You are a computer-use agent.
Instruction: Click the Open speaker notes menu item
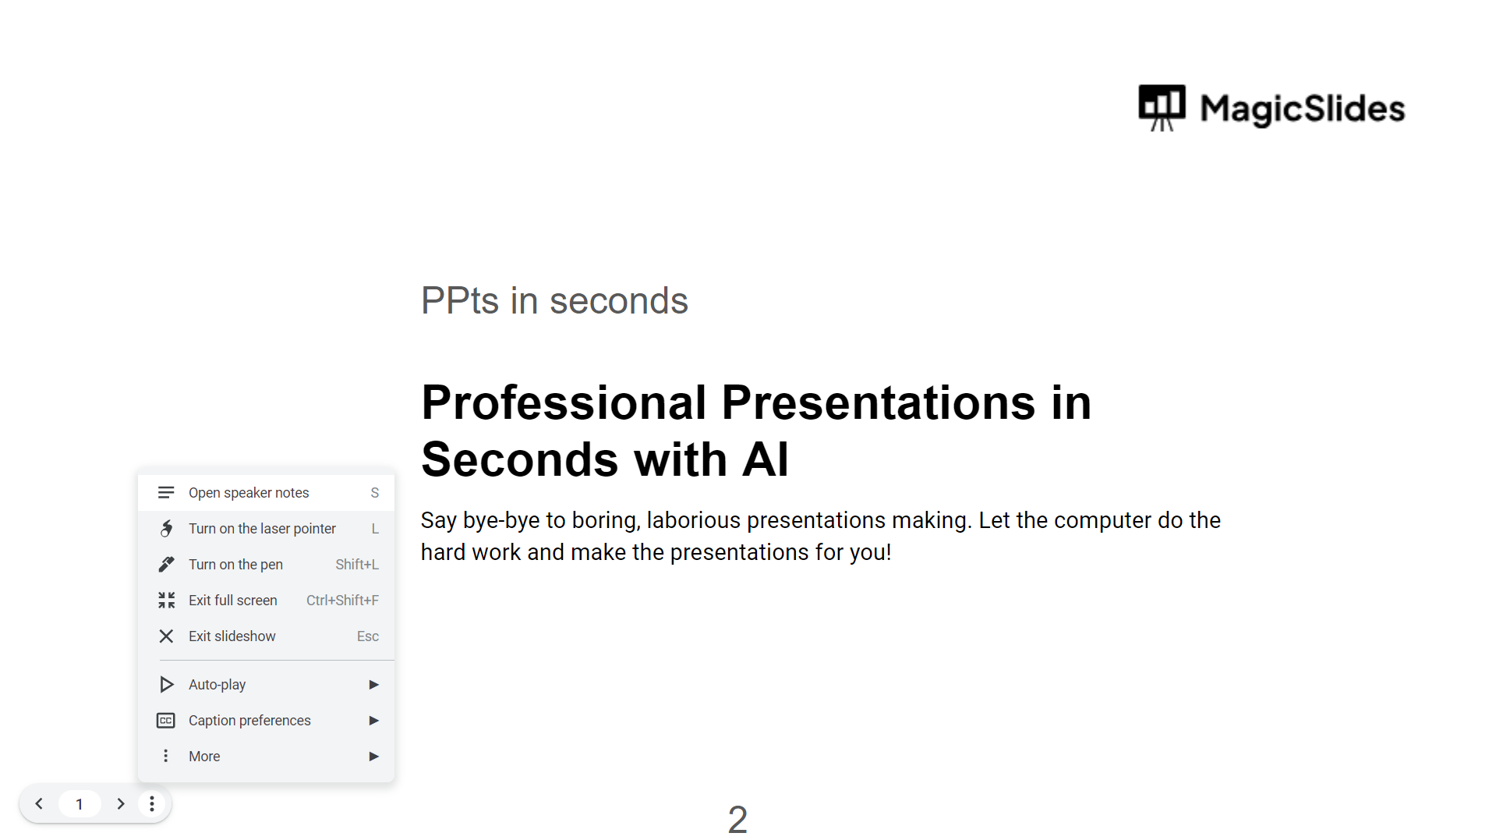click(266, 493)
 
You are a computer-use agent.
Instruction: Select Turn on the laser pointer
click(266, 529)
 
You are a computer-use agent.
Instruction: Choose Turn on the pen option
click(266, 565)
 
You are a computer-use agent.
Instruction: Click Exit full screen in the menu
click(266, 601)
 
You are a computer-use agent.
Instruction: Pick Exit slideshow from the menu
click(266, 636)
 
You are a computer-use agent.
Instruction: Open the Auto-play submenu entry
click(266, 685)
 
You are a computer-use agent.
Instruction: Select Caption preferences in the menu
click(266, 721)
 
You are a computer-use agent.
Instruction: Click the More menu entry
click(266, 757)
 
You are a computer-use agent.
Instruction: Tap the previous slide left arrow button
click(39, 804)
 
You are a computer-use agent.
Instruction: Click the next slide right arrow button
click(120, 804)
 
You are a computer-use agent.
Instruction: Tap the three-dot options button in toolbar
click(152, 804)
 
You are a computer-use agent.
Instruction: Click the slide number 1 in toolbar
click(80, 804)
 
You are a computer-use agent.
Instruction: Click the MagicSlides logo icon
click(1162, 108)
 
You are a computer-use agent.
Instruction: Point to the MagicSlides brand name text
click(1303, 108)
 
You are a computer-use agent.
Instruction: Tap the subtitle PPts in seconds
click(554, 301)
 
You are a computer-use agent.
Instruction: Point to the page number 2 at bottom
click(737, 820)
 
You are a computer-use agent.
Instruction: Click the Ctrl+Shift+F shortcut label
click(342, 601)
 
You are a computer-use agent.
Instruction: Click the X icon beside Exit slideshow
click(166, 636)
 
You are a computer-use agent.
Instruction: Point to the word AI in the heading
click(765, 459)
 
